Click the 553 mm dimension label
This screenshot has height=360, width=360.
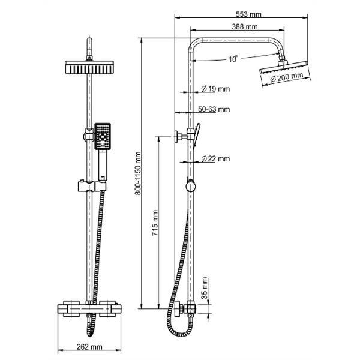(x=245, y=13)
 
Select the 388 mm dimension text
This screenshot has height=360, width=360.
(x=245, y=26)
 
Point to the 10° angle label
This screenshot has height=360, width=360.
(x=233, y=59)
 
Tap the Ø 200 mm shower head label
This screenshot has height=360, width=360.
(x=286, y=78)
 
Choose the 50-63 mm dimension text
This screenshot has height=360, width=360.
(x=214, y=109)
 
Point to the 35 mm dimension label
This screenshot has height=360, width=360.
(x=205, y=288)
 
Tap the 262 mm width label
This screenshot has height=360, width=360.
(x=90, y=347)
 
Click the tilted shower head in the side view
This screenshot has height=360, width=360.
(x=282, y=68)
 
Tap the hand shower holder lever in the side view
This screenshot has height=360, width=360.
(x=196, y=134)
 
